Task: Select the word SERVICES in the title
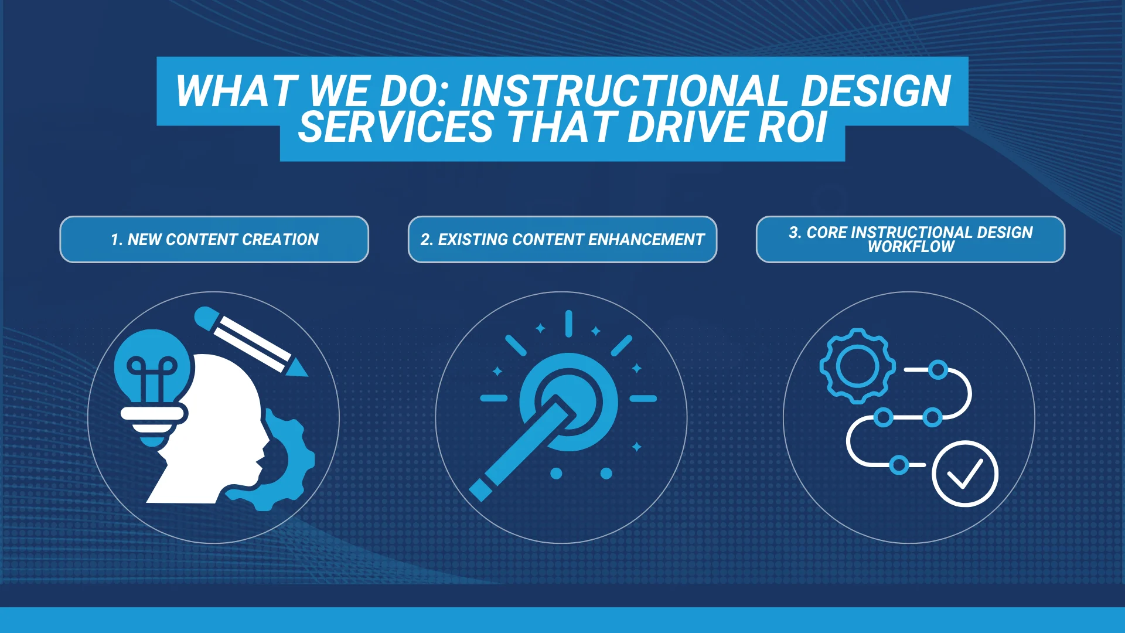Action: point(396,127)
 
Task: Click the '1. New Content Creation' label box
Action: point(214,239)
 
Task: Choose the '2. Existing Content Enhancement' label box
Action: point(562,239)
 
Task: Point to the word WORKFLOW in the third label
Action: point(911,247)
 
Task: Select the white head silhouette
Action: point(211,434)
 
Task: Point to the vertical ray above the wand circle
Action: point(568,324)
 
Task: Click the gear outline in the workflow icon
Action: point(857,366)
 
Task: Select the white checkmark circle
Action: point(964,474)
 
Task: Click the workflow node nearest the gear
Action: point(938,370)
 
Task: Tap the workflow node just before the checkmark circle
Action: point(899,465)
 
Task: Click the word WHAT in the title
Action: point(234,91)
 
